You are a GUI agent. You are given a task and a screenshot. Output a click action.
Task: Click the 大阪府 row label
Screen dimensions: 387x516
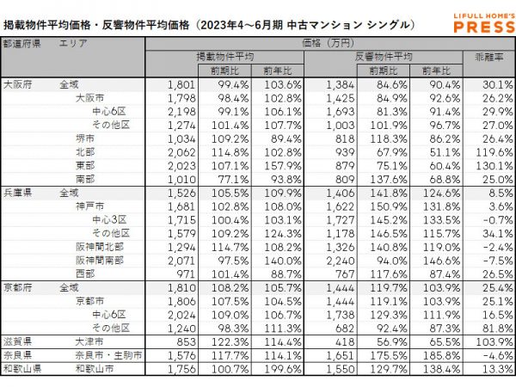[x=17, y=84]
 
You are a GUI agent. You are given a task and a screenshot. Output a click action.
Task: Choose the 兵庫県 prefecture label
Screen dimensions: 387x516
[x=17, y=193]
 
